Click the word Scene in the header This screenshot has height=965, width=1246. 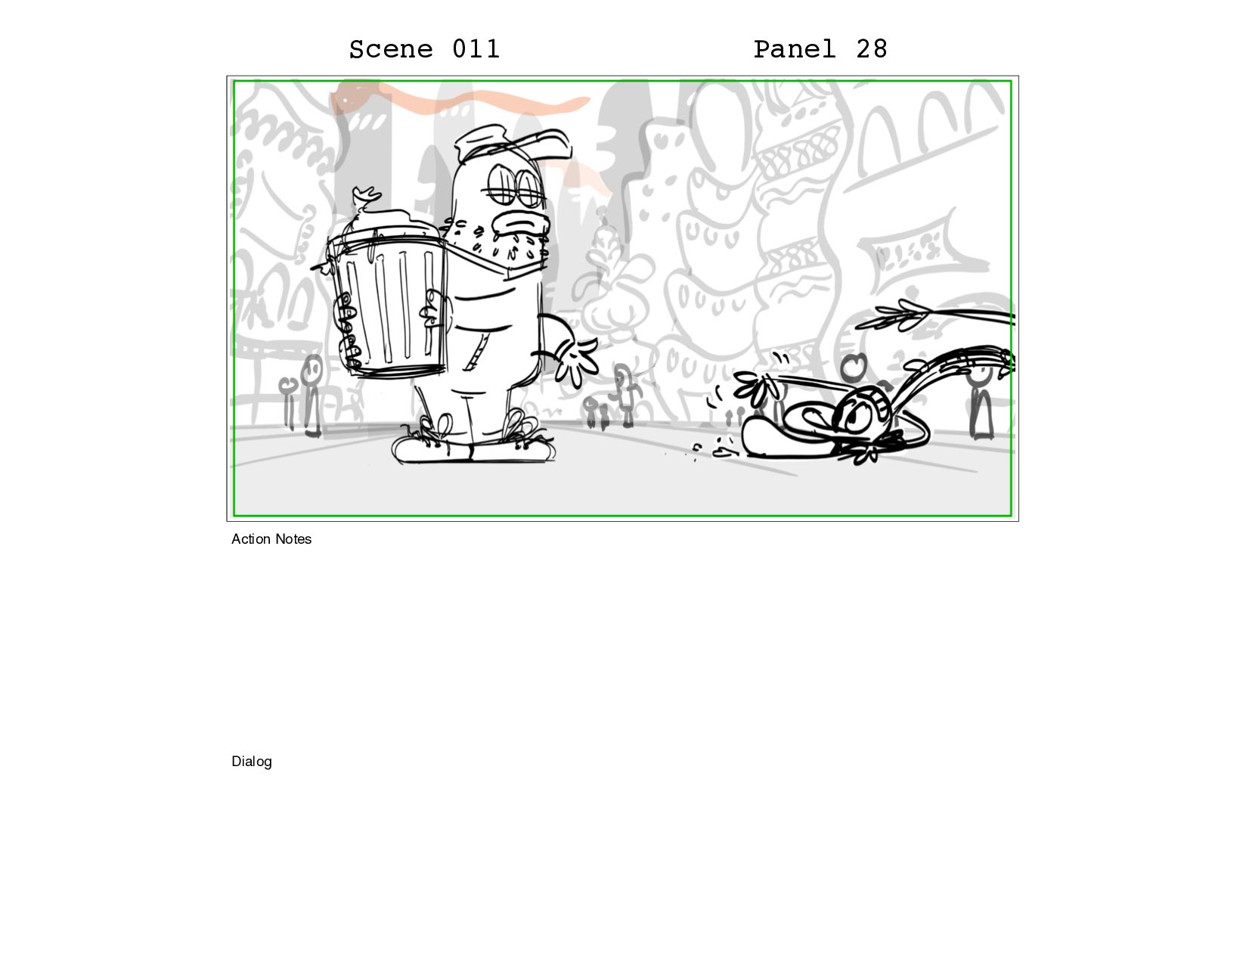click(x=390, y=49)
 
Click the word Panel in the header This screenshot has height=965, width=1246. click(x=794, y=49)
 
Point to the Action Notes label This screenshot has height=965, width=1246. click(x=271, y=539)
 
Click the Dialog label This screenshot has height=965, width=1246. click(x=252, y=762)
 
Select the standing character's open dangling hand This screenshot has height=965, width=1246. click(x=576, y=358)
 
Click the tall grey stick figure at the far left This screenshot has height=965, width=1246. click(x=311, y=396)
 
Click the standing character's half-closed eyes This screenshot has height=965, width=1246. click(x=516, y=185)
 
